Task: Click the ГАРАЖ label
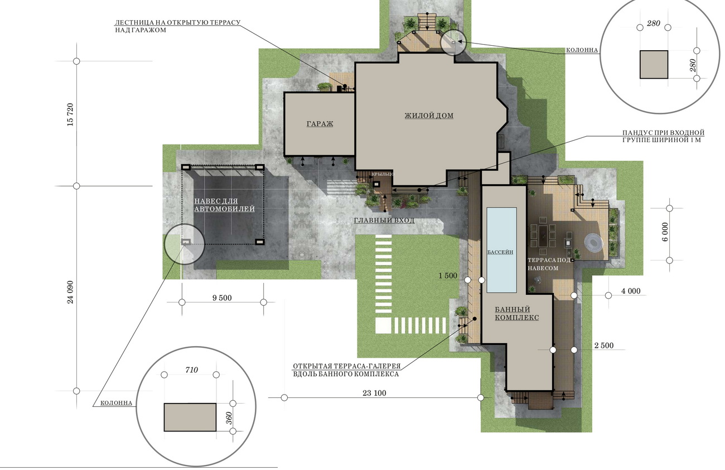tap(320, 124)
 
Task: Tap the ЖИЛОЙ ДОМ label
tap(429, 116)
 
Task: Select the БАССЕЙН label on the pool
tap(500, 252)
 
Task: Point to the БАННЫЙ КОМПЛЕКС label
tap(517, 314)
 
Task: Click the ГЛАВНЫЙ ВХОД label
tap(384, 220)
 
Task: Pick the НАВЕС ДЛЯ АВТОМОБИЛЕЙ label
tap(224, 205)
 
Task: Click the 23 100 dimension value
tap(374, 393)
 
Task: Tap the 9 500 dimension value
tap(222, 298)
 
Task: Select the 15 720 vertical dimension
tap(70, 114)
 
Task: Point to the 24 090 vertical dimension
tap(70, 292)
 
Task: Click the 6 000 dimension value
tap(665, 232)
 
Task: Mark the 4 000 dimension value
tap(631, 291)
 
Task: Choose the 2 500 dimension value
tap(604, 346)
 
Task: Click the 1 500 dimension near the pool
tap(448, 276)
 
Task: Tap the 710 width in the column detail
tap(192, 370)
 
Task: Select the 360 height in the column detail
tap(229, 418)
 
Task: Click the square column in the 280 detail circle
tap(654, 64)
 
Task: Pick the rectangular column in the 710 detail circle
tap(190, 417)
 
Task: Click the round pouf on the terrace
tap(593, 242)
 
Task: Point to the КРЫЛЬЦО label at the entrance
tap(383, 174)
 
